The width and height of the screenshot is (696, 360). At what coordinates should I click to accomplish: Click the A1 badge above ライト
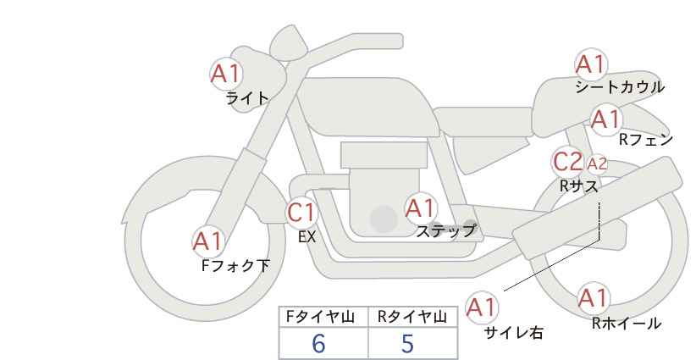coord(226,73)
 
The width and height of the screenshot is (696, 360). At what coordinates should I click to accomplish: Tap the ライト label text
coord(247,98)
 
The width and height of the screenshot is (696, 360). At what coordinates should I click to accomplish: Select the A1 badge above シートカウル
coord(590,64)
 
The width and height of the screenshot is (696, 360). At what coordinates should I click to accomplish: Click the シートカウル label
coord(619,87)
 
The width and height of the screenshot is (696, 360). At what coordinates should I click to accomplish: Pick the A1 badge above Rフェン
coord(605,119)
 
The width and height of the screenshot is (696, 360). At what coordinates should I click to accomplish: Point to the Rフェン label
coord(645,140)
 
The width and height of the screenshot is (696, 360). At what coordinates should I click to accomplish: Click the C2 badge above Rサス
coord(567,161)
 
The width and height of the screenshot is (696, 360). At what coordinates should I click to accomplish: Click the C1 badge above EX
coord(301,212)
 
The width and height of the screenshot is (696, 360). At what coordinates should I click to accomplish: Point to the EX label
coord(307,238)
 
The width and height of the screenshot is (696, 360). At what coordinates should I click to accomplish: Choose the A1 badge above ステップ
coord(420,208)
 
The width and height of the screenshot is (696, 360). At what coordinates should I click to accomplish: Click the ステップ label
coord(445,230)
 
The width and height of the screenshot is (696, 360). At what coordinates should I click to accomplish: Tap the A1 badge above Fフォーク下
coord(207,241)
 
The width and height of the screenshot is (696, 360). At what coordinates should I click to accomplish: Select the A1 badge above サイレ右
coord(483,307)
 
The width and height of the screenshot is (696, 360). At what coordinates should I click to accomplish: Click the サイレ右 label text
coord(513,334)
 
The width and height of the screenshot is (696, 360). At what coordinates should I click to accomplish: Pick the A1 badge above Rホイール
coord(592,298)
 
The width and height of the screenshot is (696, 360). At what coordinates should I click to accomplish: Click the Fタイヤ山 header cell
coord(323,317)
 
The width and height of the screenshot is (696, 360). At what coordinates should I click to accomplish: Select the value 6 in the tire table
coord(318,344)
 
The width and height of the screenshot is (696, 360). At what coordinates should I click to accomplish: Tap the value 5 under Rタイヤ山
coord(408,344)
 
